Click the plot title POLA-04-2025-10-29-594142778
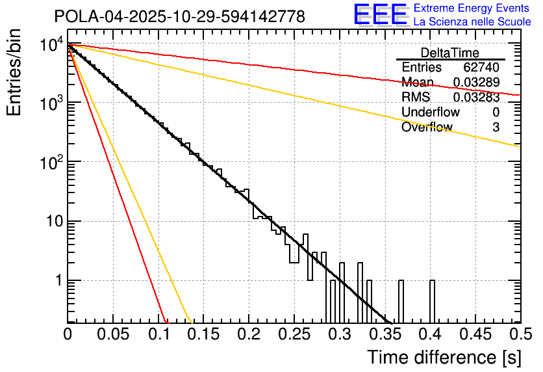[x=179, y=16]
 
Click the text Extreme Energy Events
[x=472, y=8]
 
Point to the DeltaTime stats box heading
[x=450, y=53]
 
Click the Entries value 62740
[x=481, y=68]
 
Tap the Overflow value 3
[x=496, y=127]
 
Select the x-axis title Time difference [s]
[x=443, y=357]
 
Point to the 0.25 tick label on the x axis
[x=294, y=335]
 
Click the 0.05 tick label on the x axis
[x=112, y=335]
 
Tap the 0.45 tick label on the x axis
[x=475, y=335]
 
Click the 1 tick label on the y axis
[x=56, y=281]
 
